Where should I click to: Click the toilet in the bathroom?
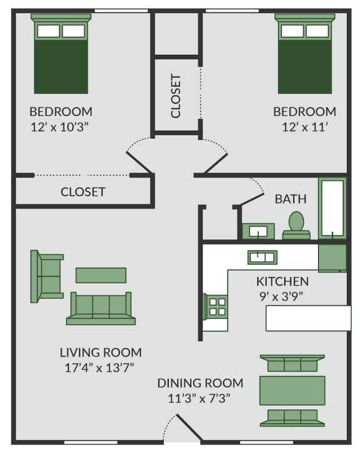(x=296, y=225)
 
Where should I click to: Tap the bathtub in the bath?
(x=332, y=208)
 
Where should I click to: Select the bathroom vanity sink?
(x=258, y=231)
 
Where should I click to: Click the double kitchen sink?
(x=262, y=256)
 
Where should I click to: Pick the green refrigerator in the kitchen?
(x=332, y=258)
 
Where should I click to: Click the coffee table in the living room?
(x=101, y=275)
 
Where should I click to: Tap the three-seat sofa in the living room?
(x=101, y=308)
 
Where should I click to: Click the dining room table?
(x=292, y=390)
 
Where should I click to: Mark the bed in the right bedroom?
(x=306, y=55)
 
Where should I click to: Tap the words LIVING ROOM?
(x=101, y=352)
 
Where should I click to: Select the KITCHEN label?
(x=282, y=281)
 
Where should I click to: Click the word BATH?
(x=291, y=200)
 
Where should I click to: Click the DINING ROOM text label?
(x=200, y=383)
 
